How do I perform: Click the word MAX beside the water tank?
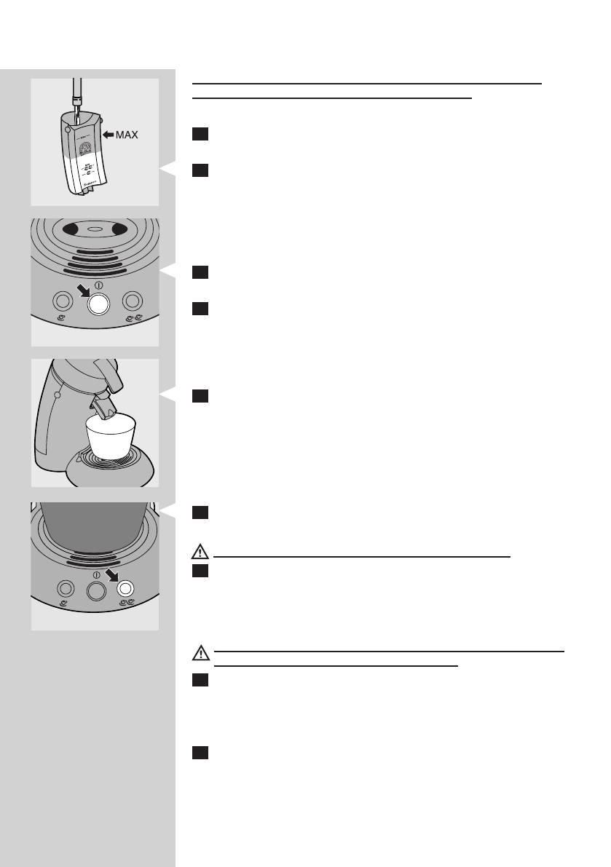[x=125, y=135]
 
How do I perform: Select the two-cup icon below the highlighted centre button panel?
[x=133, y=318]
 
